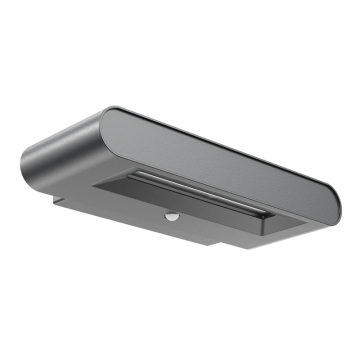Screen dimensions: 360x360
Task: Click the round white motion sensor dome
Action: [x=171, y=215]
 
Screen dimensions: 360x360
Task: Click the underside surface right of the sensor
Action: [x=215, y=228]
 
